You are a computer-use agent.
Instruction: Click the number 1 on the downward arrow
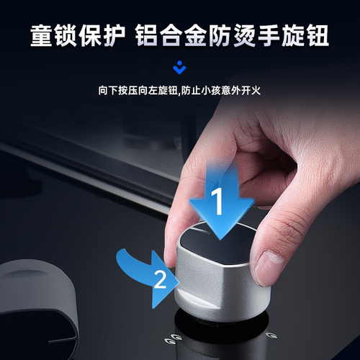click(218, 201)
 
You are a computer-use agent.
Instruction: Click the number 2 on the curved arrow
click(160, 279)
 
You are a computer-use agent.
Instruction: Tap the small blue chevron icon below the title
click(179, 68)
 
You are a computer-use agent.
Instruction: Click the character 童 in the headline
click(41, 36)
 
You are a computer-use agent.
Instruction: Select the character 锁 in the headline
click(66, 36)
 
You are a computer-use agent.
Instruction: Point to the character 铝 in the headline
click(147, 36)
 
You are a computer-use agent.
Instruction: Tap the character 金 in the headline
click(196, 36)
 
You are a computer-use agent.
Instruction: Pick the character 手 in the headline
click(269, 36)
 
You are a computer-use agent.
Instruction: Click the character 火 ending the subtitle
click(256, 91)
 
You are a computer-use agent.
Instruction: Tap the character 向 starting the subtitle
click(103, 91)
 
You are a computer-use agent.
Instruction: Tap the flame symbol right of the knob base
click(271, 336)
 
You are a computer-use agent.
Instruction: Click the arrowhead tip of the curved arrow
click(179, 282)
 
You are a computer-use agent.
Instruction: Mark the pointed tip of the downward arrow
click(220, 240)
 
